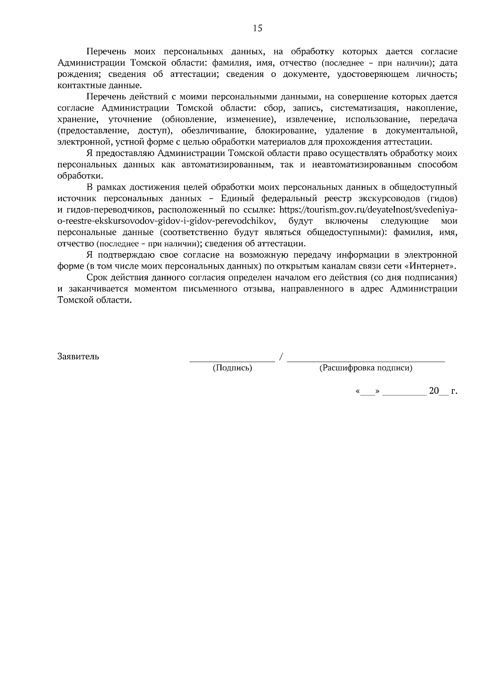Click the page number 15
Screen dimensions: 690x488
[257, 28]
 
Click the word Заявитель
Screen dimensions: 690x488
[78, 356]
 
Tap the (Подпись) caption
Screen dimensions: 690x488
[232, 368]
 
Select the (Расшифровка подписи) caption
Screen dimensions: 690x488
[366, 368]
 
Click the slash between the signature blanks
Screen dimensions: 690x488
[281, 357]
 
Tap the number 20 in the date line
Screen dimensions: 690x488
[434, 391]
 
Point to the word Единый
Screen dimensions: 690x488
[232, 199]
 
